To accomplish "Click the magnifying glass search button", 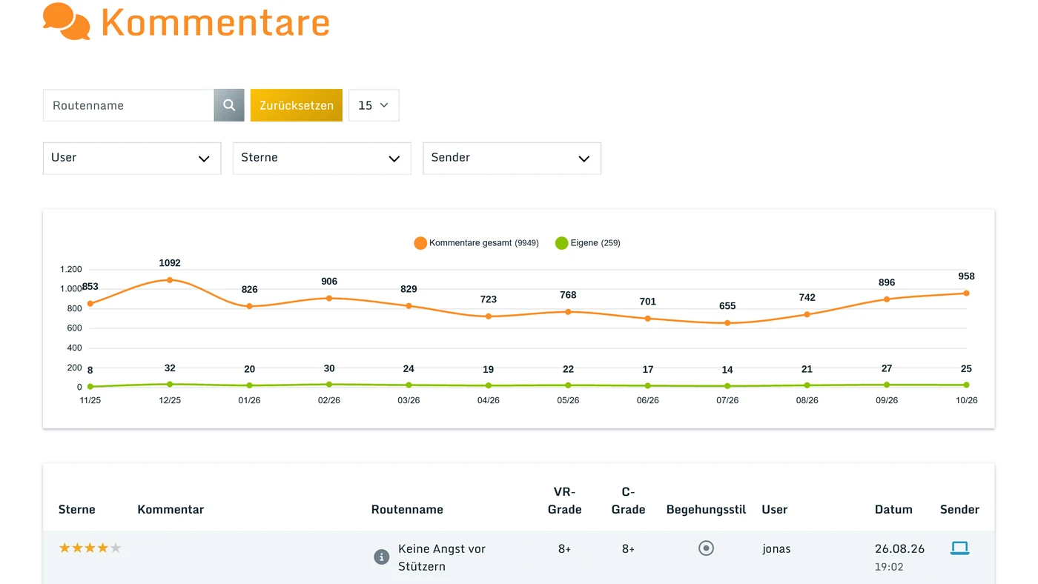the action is coord(229,105).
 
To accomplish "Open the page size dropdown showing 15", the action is coord(374,105).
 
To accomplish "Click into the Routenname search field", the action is coord(128,105).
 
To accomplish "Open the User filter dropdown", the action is coord(132,158).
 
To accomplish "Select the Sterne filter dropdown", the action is coord(322,158).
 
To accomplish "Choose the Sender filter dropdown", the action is coord(512,158).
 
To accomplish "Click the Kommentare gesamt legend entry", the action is coord(476,242).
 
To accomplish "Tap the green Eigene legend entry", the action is coord(587,242).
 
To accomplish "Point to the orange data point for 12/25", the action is coord(170,279).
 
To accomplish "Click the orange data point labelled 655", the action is coord(727,323).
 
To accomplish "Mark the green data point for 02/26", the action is coord(329,384).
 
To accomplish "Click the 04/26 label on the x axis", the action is coord(489,400).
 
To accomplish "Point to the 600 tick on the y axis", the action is coord(74,328).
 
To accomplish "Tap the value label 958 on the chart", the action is coord(966,276).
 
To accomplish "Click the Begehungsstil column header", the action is coord(706,509).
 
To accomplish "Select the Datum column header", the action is coord(893,509).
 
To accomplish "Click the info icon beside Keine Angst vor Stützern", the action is coord(381,557).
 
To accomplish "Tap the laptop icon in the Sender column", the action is coord(959,548).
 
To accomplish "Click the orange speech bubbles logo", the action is coord(66,21).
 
